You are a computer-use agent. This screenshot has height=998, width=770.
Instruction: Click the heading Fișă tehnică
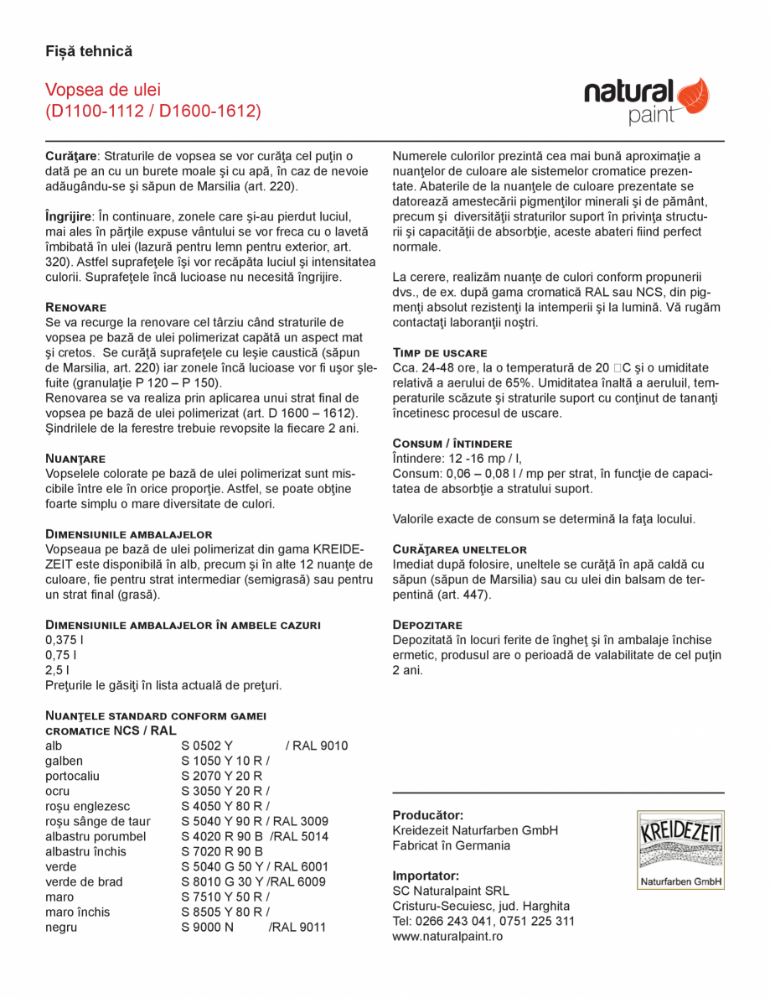point(89,51)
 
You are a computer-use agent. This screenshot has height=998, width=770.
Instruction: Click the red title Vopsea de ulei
point(103,90)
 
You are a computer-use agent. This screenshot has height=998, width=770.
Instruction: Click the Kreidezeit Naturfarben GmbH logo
point(680,850)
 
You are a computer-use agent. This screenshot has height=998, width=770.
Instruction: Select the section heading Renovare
point(75,307)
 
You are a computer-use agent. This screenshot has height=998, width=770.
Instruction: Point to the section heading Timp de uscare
point(440,352)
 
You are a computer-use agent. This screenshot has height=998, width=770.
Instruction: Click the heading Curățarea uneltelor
point(459,548)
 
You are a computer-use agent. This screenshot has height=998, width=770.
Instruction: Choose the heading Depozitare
point(427,625)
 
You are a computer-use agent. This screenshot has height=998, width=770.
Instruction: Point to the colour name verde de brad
point(84,881)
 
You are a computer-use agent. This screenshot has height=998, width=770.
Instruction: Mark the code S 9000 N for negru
point(206,927)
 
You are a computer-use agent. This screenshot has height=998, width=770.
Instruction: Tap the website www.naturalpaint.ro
point(447,936)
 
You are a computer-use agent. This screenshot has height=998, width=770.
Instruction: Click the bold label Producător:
point(428,815)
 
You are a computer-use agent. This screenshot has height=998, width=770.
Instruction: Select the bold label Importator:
point(426,876)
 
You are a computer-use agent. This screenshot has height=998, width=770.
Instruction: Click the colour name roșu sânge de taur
point(98,821)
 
